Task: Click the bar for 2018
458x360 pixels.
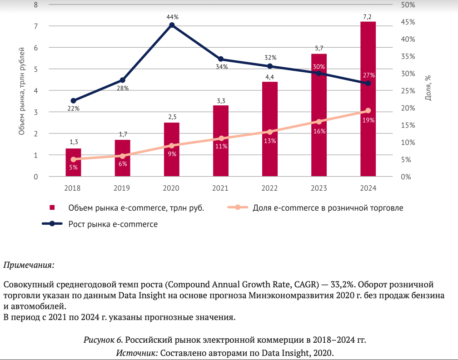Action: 74,162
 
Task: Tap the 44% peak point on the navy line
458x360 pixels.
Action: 172,25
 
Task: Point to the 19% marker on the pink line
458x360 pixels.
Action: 368,111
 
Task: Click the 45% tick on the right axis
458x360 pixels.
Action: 408,22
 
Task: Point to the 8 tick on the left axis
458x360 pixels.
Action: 36,5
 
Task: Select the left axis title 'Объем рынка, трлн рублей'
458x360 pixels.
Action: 21,91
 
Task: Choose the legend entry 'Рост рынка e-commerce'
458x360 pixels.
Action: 113,224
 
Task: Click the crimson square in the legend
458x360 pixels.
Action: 52,208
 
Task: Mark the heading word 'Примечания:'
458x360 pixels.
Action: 29,264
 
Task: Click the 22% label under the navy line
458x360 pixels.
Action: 74,109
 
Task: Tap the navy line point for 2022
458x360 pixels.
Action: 270,66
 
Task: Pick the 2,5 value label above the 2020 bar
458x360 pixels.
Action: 172,117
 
